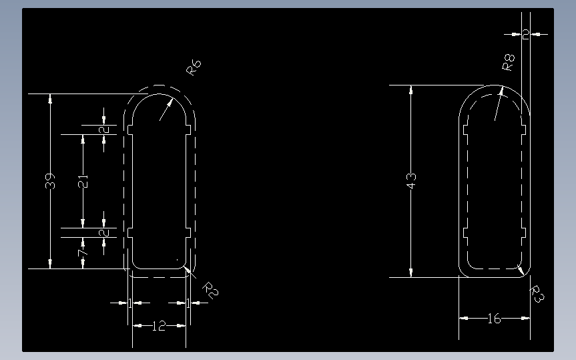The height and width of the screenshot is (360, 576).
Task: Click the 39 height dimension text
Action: tap(50, 181)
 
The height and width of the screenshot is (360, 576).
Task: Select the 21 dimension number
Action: tap(82, 181)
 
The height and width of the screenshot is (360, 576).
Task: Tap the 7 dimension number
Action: tap(82, 254)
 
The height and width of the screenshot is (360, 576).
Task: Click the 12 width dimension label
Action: tap(159, 326)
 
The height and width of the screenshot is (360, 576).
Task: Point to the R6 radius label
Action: tap(194, 67)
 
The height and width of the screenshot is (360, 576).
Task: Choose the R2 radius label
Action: tap(210, 289)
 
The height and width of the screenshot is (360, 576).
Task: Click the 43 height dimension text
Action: tap(411, 180)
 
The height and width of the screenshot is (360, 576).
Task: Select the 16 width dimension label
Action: tap(494, 319)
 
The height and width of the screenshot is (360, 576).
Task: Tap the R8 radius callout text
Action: tap(509, 63)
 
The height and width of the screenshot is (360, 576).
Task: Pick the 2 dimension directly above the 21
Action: tap(104, 130)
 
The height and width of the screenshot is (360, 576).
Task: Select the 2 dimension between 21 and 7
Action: tap(104, 232)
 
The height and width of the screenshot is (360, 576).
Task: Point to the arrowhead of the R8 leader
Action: tap(501, 90)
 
